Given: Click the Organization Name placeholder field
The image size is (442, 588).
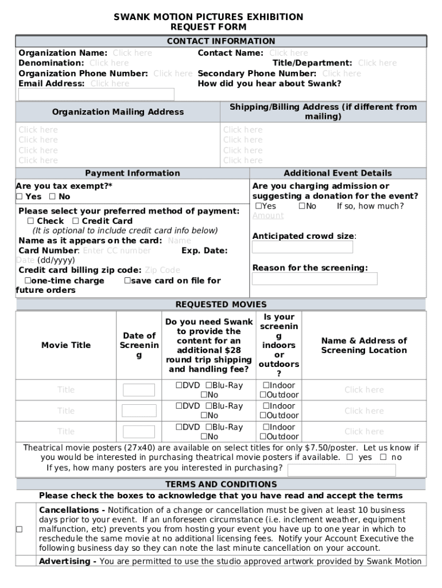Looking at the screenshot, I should [132, 53].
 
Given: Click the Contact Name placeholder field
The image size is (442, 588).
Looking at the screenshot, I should [288, 53].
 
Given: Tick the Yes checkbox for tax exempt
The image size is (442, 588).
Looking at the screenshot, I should [20, 197].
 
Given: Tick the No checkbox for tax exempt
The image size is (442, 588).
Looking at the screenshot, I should [52, 197].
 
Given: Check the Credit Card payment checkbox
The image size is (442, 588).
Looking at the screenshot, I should [76, 221].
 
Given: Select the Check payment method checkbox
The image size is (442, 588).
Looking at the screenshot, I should [30, 221].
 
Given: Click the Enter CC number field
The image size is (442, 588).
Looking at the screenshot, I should [117, 251].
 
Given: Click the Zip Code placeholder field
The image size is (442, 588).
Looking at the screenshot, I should [162, 270].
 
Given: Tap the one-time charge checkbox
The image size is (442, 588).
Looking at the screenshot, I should [27, 281].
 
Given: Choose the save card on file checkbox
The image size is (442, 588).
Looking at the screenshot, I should [127, 281].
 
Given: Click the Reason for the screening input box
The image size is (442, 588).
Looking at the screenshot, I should [315, 279].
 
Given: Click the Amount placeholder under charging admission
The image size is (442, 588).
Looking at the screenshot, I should [268, 216].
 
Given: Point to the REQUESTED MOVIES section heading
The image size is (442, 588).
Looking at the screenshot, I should [221, 304].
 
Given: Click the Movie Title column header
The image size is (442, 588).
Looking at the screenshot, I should [66, 345].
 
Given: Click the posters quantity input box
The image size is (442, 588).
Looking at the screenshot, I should [341, 470].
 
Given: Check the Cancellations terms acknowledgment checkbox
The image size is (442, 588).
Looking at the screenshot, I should [20, 529].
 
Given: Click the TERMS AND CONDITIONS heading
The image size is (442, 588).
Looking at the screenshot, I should [221, 484].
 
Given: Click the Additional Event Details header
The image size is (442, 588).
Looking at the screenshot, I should [338, 173].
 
